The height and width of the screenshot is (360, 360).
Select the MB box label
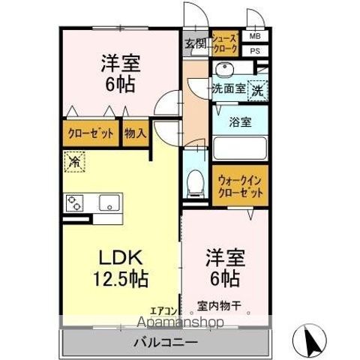tap(254, 36)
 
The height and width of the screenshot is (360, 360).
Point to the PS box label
tap(254, 50)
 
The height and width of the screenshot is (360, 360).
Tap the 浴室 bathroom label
tap(241, 119)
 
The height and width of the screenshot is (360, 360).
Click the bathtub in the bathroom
tap(241, 145)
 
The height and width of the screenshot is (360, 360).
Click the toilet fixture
tap(194, 180)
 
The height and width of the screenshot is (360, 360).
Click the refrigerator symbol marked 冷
tap(75, 161)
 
